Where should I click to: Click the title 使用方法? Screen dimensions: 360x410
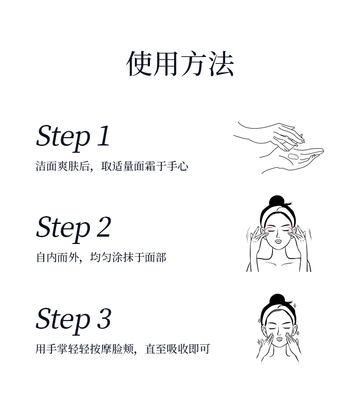pyautogui.click(x=180, y=64)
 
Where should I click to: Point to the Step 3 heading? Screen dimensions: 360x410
pyautogui.click(x=74, y=320)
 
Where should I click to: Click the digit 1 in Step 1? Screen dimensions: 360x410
pyautogui.click(x=104, y=135)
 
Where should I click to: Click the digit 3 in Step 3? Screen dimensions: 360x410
pyautogui.click(x=104, y=319)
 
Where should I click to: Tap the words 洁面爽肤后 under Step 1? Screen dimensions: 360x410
pyautogui.click(x=62, y=166)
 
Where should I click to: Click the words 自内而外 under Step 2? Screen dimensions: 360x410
pyautogui.click(x=57, y=258)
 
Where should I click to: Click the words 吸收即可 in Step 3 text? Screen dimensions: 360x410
pyautogui.click(x=188, y=349)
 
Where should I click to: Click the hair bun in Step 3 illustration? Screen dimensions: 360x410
pyautogui.click(x=277, y=300)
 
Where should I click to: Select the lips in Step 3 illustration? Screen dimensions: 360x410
pyautogui.click(x=279, y=339)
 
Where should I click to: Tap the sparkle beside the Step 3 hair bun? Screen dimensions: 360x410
pyautogui.click(x=295, y=306)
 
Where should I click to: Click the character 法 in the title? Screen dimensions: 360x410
pyautogui.click(x=221, y=64)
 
